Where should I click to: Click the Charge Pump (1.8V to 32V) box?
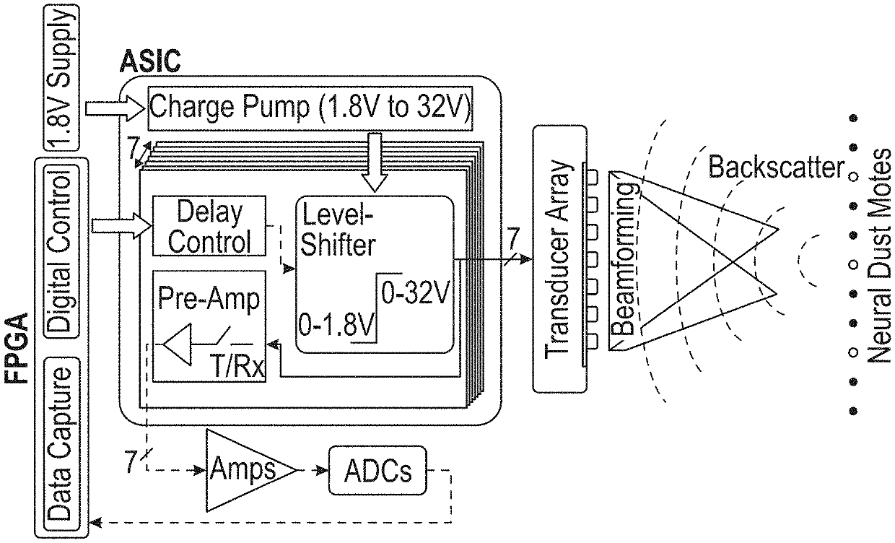click(x=310, y=109)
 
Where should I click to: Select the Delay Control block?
click(x=209, y=227)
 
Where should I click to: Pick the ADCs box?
click(x=377, y=471)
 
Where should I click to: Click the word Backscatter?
click(x=777, y=168)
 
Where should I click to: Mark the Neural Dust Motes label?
click(x=878, y=256)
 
